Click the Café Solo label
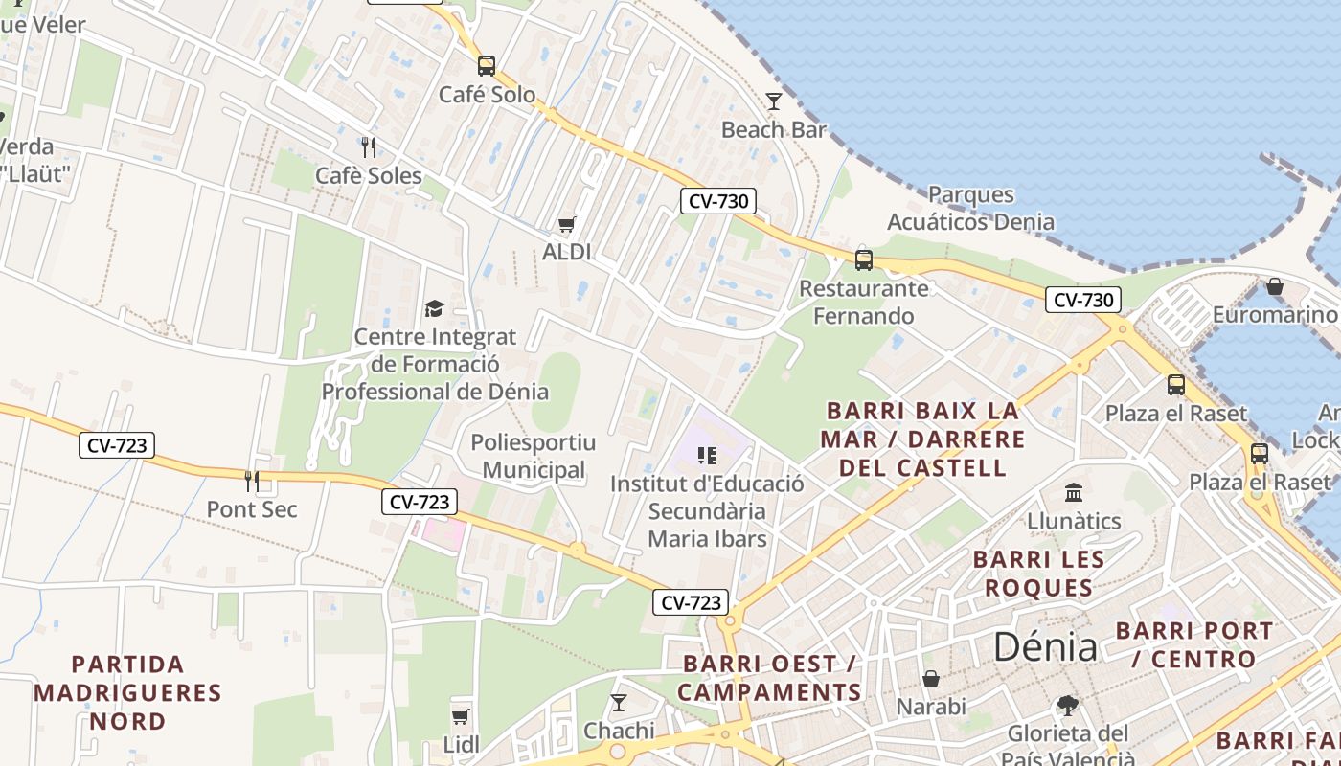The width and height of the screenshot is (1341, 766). pyautogui.click(x=487, y=95)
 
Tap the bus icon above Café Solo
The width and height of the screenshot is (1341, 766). pyautogui.click(x=487, y=65)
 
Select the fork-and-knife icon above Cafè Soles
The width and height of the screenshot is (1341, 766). pyautogui.click(x=369, y=146)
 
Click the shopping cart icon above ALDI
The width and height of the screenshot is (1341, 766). pyautogui.click(x=567, y=224)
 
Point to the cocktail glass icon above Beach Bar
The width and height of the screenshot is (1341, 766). pyautogui.click(x=774, y=101)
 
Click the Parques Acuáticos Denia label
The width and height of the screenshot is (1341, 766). pyautogui.click(x=970, y=209)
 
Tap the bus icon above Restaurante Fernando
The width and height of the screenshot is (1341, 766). pyautogui.click(x=864, y=259)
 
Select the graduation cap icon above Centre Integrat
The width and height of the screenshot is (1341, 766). pyautogui.click(x=435, y=308)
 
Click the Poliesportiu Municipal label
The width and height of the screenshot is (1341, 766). pyautogui.click(x=533, y=457)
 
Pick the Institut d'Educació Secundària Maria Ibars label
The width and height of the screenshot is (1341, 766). pyautogui.click(x=707, y=511)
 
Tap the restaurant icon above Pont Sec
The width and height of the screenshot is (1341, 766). pyautogui.click(x=252, y=481)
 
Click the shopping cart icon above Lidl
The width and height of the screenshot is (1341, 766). pyautogui.click(x=461, y=716)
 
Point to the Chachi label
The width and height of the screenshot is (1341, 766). pyautogui.click(x=619, y=732)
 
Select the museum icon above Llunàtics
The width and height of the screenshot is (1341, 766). pyautogui.click(x=1074, y=492)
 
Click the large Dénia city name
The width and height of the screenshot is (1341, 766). pyautogui.click(x=1045, y=648)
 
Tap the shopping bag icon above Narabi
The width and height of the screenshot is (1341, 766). pyautogui.click(x=930, y=679)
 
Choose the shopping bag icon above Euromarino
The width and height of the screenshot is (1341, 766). pyautogui.click(x=1275, y=286)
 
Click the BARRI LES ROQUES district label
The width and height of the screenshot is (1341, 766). pyautogui.click(x=1039, y=573)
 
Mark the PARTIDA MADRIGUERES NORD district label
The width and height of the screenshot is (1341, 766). pyautogui.click(x=127, y=692)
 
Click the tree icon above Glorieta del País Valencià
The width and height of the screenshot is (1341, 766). pyautogui.click(x=1067, y=706)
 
